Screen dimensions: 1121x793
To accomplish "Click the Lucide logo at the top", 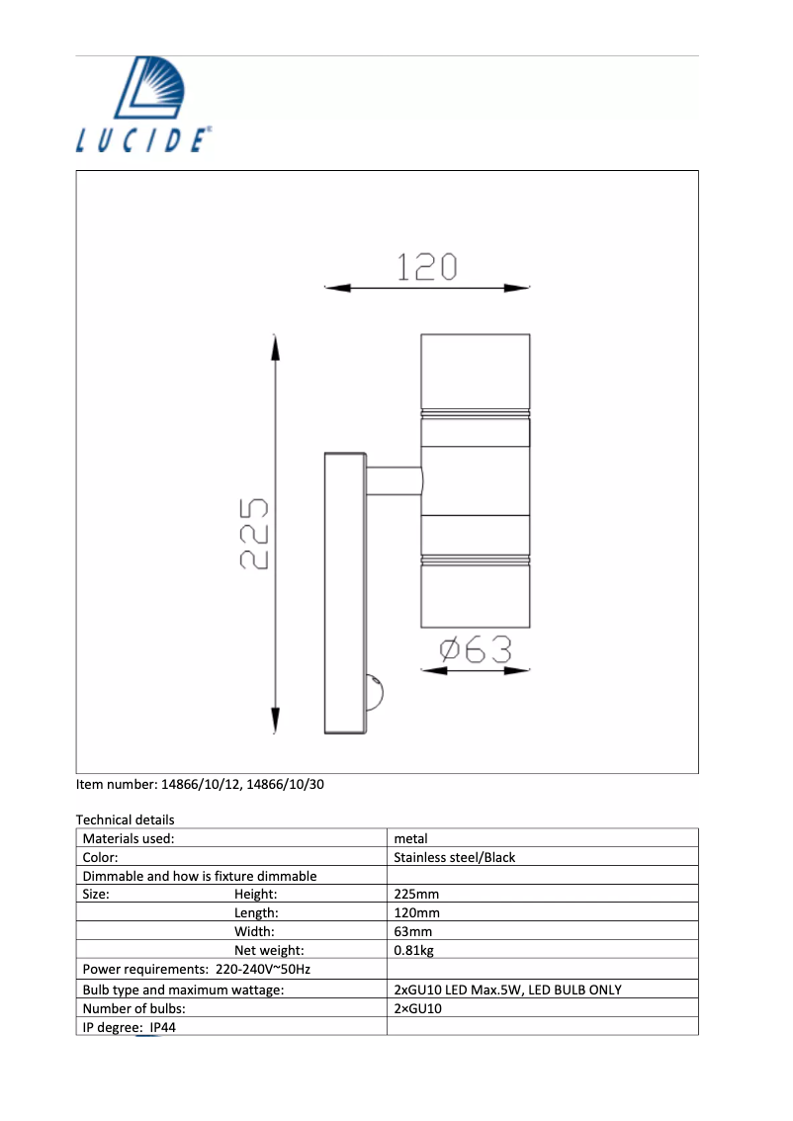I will [142, 103].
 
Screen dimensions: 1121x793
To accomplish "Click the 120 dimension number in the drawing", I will [426, 266].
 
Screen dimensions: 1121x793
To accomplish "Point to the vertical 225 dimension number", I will [254, 534].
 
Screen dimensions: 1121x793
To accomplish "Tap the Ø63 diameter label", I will [476, 649].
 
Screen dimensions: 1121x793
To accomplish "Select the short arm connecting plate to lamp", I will [394, 481].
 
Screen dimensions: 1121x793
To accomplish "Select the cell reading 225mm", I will [416, 895].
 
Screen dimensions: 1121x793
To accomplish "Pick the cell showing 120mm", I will [416, 913].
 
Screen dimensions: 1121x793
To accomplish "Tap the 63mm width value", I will [412, 932].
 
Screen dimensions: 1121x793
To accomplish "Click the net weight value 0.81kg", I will [413, 951].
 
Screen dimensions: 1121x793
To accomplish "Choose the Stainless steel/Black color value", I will [454, 857].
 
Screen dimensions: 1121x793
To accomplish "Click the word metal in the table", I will [410, 838].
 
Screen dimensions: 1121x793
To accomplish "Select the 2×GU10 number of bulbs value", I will [417, 1008].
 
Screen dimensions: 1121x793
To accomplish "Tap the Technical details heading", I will [125, 819].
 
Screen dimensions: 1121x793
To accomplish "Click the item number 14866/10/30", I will [285, 784].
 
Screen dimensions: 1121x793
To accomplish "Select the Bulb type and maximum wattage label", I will [183, 990].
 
